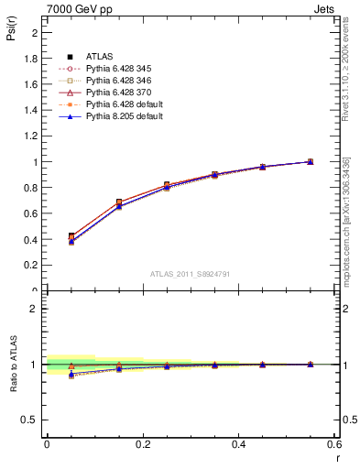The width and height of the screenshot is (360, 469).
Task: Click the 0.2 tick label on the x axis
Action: (143, 443)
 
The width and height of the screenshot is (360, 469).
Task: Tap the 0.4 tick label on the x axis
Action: (239, 443)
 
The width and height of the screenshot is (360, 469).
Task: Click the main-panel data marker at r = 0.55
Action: (311, 161)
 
